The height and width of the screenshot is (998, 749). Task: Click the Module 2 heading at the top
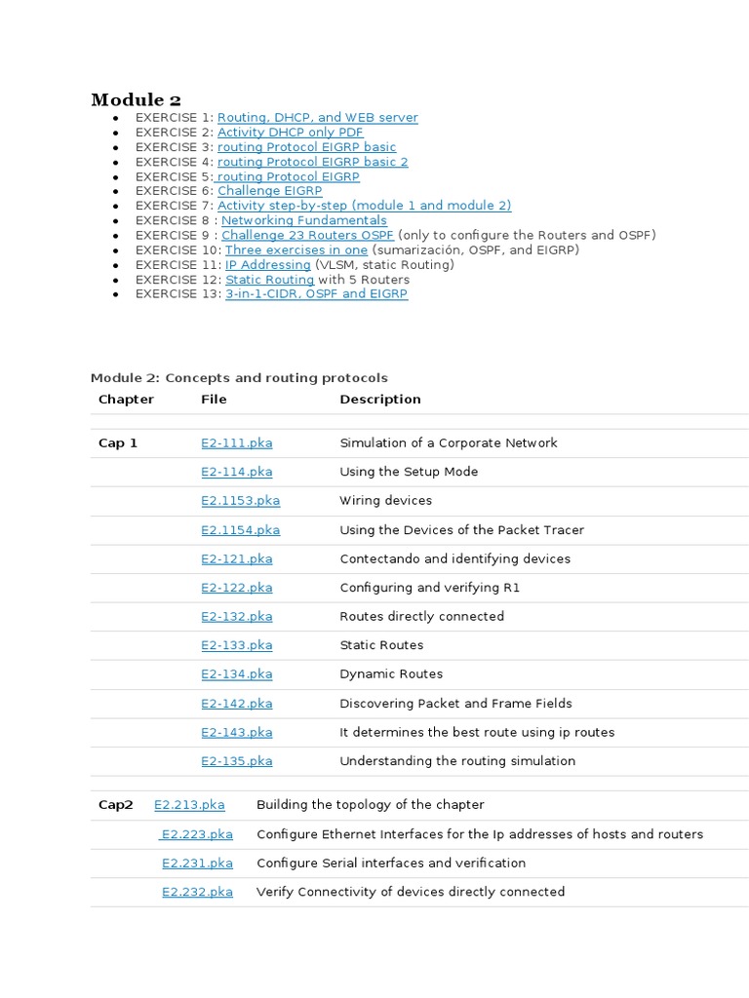click(136, 99)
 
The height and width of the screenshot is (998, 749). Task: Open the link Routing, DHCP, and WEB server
click(317, 118)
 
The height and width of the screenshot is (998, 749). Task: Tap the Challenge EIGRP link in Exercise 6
click(269, 191)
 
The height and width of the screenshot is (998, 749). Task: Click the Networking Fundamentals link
click(303, 220)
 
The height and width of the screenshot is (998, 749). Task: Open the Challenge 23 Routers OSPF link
click(307, 235)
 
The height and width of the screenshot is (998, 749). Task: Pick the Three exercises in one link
click(296, 249)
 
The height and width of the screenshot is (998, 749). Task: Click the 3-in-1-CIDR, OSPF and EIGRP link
click(316, 293)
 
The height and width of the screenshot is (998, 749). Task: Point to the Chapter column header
click(126, 399)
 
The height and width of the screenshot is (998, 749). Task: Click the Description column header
click(380, 399)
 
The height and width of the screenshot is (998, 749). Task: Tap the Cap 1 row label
click(118, 442)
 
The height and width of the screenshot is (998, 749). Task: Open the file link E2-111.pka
click(237, 442)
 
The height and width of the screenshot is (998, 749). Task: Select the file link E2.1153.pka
click(240, 500)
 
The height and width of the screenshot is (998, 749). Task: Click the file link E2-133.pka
click(237, 645)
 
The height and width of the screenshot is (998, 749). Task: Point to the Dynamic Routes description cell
click(391, 673)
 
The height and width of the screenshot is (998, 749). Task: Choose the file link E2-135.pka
click(237, 761)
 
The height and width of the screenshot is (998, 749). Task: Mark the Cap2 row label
click(116, 805)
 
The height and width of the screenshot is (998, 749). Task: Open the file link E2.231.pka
click(197, 863)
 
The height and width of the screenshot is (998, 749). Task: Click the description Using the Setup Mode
click(409, 472)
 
